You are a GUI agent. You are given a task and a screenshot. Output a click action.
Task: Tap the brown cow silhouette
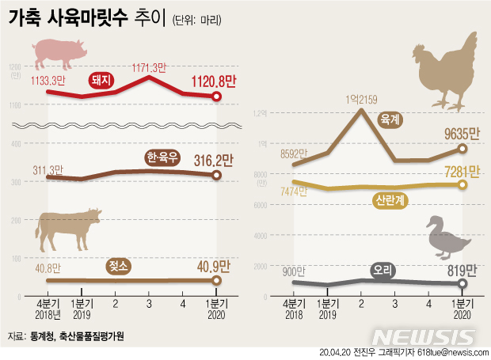coord(69,227)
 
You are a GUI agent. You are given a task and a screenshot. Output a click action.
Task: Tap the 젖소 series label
coord(119,267)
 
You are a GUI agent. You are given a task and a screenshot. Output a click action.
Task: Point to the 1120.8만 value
coord(211,79)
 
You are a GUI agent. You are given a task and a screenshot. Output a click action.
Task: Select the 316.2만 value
coord(213,161)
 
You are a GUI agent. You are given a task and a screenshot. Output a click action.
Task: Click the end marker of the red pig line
coord(218,97)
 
